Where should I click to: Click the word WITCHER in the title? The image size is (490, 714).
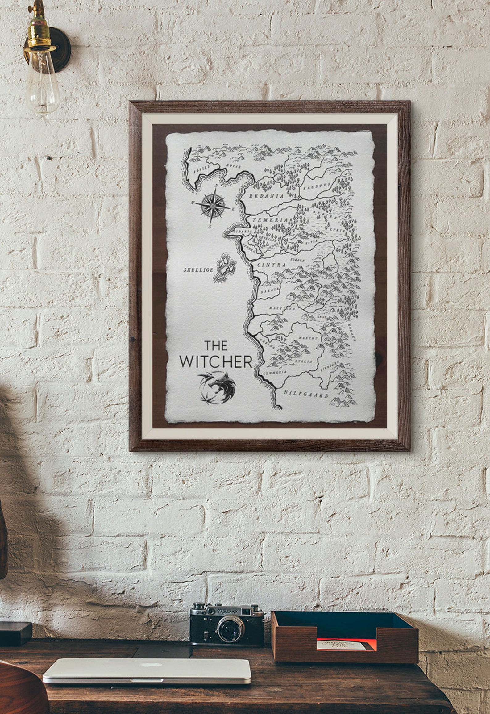[216, 361]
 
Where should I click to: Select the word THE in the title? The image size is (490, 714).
[216, 345]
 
